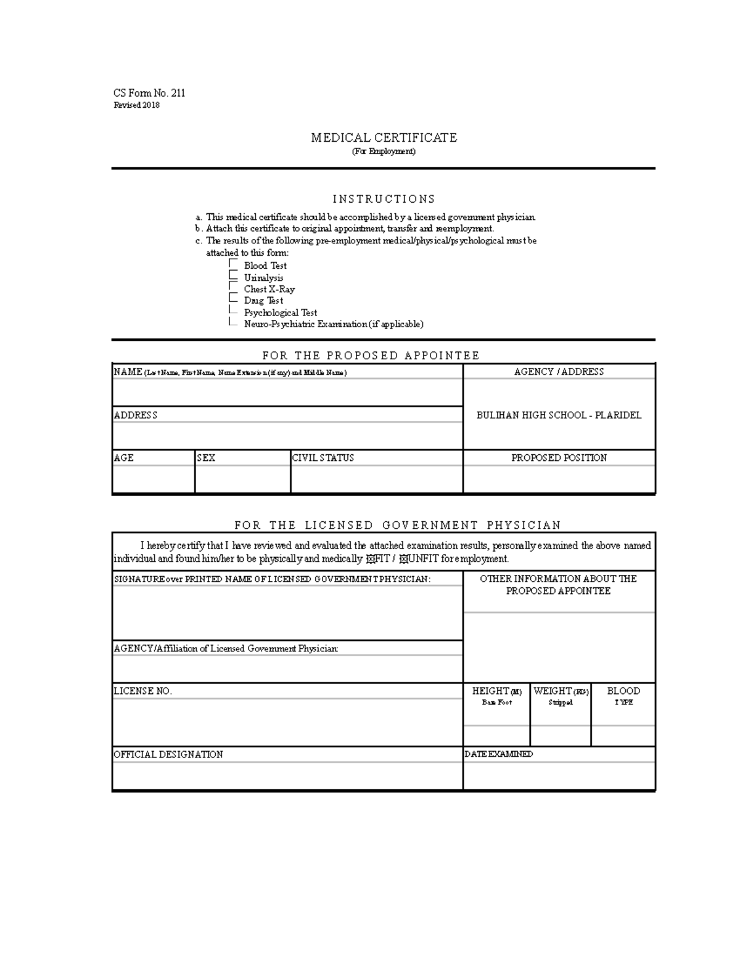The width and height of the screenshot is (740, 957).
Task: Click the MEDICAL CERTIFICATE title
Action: [384, 137]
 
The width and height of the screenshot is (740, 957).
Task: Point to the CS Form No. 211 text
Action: [149, 93]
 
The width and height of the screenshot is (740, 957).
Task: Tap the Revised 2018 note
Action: [136, 105]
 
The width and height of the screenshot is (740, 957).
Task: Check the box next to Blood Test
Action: [233, 264]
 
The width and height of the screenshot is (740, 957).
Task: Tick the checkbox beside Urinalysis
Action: [233, 276]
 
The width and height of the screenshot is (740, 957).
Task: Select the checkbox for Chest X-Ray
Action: [233, 288]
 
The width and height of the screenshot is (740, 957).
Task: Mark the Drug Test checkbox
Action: [233, 299]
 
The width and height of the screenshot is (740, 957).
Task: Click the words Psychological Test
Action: [280, 312]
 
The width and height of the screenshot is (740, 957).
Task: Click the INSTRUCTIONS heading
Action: [384, 199]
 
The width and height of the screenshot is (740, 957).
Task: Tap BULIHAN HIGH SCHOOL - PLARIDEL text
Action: [559, 415]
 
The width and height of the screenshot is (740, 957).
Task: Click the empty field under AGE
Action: [153, 479]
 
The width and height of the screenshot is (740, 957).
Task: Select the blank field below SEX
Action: [242, 479]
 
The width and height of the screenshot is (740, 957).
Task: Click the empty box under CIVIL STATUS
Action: [376, 479]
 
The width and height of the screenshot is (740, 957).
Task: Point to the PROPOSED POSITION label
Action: [559, 458]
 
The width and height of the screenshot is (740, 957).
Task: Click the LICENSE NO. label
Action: [142, 691]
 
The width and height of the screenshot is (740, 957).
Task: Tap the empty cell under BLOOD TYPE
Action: [623, 736]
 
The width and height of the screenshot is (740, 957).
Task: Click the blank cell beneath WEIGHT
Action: [560, 736]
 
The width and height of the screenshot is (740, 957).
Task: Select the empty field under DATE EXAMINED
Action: [559, 776]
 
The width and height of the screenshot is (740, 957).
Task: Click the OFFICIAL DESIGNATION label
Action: [168, 754]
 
